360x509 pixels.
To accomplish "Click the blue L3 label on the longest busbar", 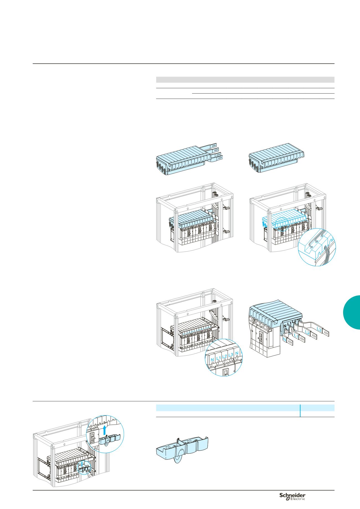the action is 319,330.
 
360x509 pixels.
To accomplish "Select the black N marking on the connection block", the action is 285,326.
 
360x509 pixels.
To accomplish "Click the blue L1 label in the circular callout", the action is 218,358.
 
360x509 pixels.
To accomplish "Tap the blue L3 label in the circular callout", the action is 231,355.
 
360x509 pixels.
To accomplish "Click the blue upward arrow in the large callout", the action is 104,432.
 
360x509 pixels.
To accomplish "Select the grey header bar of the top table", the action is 245,80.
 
